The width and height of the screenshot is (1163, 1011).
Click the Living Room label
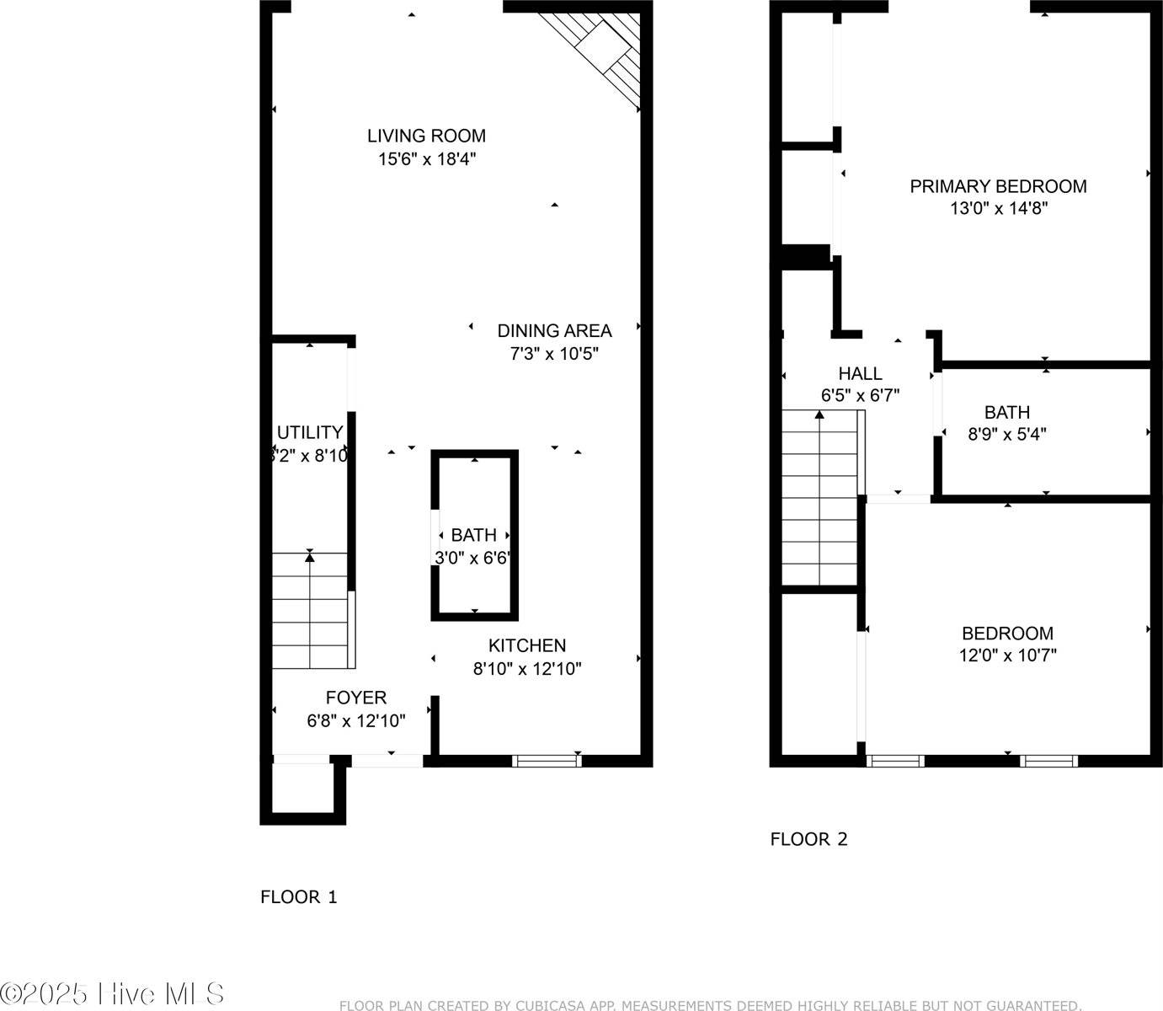pyautogui.click(x=426, y=136)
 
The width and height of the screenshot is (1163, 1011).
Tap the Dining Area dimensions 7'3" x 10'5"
pyautogui.click(x=553, y=354)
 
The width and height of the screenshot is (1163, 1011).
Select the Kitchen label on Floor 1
pyautogui.click(x=527, y=646)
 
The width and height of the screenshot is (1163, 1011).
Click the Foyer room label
pyautogui.click(x=356, y=698)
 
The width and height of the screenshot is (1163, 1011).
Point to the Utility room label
pyautogui.click(x=310, y=432)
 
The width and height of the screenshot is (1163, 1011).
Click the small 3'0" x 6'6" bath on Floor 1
pyautogui.click(x=474, y=546)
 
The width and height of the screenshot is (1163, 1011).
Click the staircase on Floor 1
pyautogui.click(x=309, y=611)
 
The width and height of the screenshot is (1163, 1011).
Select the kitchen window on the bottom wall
pyautogui.click(x=547, y=761)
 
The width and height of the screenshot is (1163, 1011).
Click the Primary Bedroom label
pyautogui.click(x=998, y=186)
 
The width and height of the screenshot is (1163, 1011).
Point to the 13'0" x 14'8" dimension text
pyautogui.click(x=998, y=209)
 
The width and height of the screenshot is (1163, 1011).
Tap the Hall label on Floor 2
pyautogui.click(x=860, y=373)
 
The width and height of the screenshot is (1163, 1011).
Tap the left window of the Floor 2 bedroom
pyautogui.click(x=895, y=761)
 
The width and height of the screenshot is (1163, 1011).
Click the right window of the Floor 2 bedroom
pyautogui.click(x=1048, y=761)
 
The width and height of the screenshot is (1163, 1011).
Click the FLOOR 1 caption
pyautogui.click(x=298, y=897)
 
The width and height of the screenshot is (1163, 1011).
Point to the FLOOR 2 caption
pyautogui.click(x=808, y=839)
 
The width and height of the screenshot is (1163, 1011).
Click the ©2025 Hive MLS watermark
pyautogui.click(x=112, y=993)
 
